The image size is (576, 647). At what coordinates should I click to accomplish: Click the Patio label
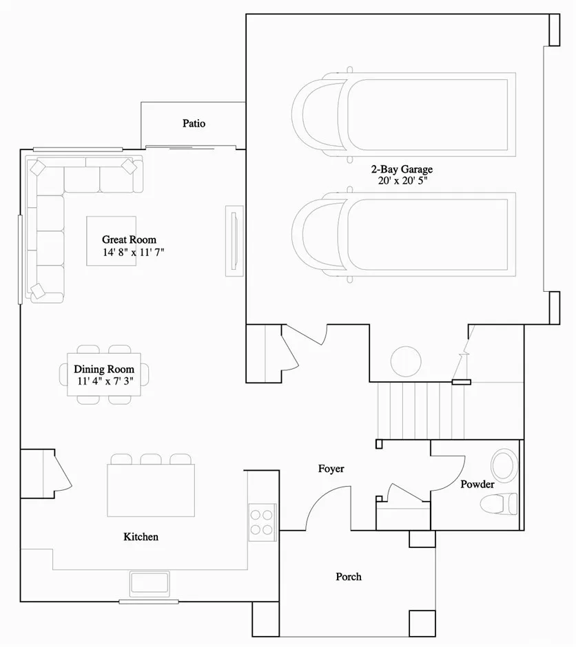coord(194,123)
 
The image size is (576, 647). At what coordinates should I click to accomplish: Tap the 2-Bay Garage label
coord(402,169)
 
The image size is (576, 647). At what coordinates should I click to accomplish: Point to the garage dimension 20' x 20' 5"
coord(402,181)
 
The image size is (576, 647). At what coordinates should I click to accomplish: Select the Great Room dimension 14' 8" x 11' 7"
coord(134,252)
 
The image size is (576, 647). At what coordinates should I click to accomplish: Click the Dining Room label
coord(104,369)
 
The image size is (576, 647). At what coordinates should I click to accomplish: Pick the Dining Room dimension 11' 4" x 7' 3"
coord(105,381)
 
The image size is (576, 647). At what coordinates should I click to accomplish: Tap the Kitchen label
coord(141,536)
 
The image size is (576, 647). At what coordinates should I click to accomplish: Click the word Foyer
coord(331,469)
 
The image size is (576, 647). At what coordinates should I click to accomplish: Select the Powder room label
coord(477,484)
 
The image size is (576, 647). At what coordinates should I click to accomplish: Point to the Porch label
coord(349,576)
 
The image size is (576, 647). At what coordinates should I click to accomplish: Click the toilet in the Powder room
coord(499,503)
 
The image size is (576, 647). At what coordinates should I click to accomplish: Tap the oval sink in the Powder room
coord(504,465)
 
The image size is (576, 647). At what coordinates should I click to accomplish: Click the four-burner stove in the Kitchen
coord(263,522)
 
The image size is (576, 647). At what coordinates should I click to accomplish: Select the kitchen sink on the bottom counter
coord(150,584)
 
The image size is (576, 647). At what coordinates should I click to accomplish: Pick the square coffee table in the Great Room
coord(111,241)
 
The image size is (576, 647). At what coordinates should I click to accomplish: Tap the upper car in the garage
coord(404,115)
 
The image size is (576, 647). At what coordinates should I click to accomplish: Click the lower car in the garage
coord(404,235)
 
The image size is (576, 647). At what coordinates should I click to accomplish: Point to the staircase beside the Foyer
coord(421,410)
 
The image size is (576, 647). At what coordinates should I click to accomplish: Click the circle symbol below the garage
coord(406,361)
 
